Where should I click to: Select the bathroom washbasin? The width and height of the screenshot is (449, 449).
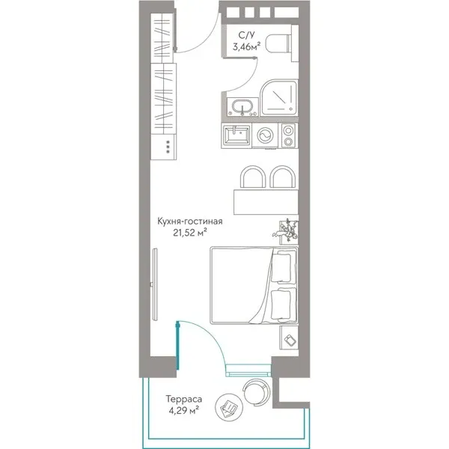tap(242, 107)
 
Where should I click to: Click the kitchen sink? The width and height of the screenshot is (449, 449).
tap(236, 135)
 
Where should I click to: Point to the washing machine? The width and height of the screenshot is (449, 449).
tap(265, 135)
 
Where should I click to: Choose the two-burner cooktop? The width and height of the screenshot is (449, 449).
tap(288, 135)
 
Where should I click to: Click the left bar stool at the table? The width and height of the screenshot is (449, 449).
tap(253, 177)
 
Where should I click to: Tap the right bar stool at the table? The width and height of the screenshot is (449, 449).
tap(283, 177)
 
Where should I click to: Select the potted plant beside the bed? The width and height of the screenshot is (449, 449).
tap(287, 231)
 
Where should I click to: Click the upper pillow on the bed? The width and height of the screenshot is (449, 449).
tap(283, 267)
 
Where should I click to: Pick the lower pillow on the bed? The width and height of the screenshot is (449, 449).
tap(283, 304)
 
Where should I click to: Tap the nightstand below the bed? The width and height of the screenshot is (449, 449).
tap(289, 337)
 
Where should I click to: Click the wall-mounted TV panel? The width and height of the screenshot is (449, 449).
tap(155, 284)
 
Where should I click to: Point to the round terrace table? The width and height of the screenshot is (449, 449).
tap(229, 407)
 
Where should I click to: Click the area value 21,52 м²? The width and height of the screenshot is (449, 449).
tap(190, 233)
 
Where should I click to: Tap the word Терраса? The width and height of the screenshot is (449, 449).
tap(184, 399)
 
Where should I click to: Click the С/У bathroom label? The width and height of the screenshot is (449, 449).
tap(246, 35)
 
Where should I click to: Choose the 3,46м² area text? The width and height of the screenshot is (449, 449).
tap(246, 46)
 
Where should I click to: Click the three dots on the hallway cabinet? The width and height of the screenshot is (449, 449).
tap(168, 147)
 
